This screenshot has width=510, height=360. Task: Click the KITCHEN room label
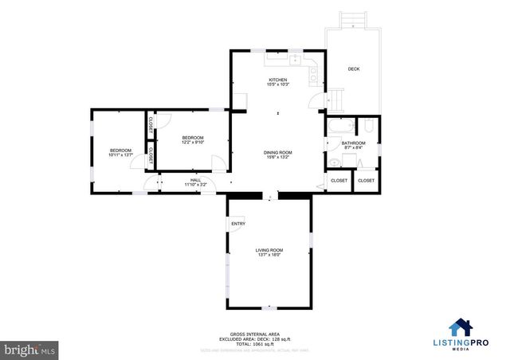tap(277, 80)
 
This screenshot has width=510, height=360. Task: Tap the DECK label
tap(354, 69)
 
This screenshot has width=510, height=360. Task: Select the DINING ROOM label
tap(279, 152)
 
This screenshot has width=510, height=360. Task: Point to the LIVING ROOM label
tap(269, 250)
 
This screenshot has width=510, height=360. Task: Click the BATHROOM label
tap(354, 143)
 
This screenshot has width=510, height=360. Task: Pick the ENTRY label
tap(238, 224)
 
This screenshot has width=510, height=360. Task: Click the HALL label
tap(195, 181)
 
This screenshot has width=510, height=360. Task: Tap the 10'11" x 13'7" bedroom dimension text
tap(120, 155)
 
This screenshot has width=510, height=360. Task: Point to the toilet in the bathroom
tap(335, 162)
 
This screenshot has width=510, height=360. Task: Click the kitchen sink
tap(295, 58)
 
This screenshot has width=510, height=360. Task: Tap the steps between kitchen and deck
tap(336, 99)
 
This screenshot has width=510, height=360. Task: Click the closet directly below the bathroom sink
tap(339, 181)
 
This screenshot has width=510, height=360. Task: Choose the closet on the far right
tap(366, 181)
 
